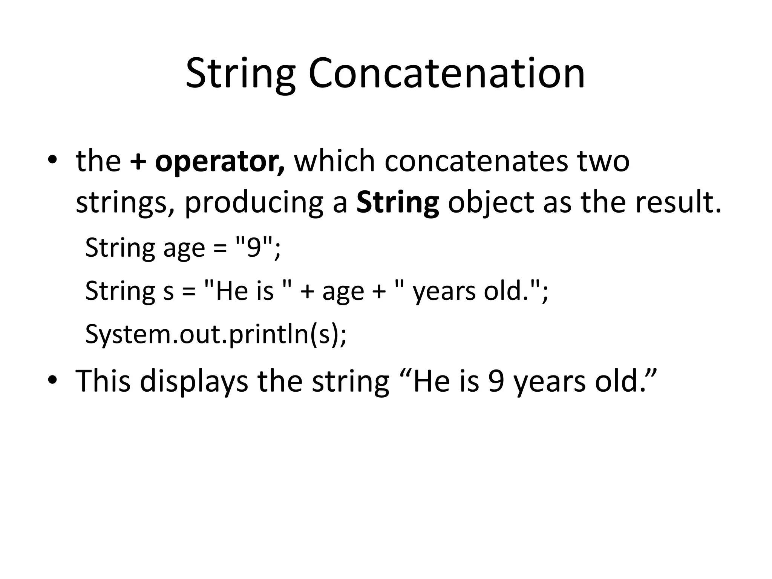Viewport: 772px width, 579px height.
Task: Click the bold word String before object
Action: tap(398, 202)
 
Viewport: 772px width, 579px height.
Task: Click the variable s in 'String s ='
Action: tap(168, 291)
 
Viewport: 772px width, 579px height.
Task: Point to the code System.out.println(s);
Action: tap(216, 334)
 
